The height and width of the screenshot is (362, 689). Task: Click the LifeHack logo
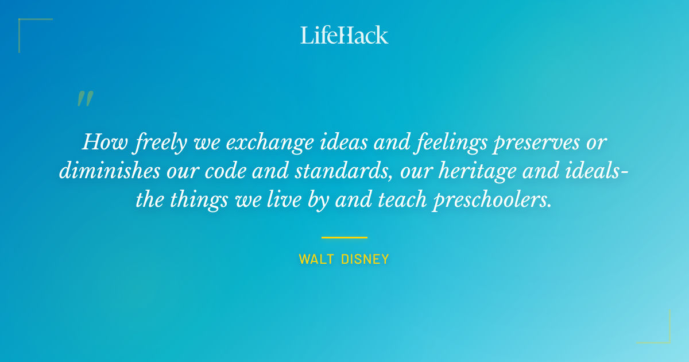(344, 35)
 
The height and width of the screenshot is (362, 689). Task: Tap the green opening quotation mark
(84, 99)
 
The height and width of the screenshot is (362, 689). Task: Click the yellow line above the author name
(344, 237)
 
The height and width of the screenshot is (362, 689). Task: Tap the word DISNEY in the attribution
(365, 260)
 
